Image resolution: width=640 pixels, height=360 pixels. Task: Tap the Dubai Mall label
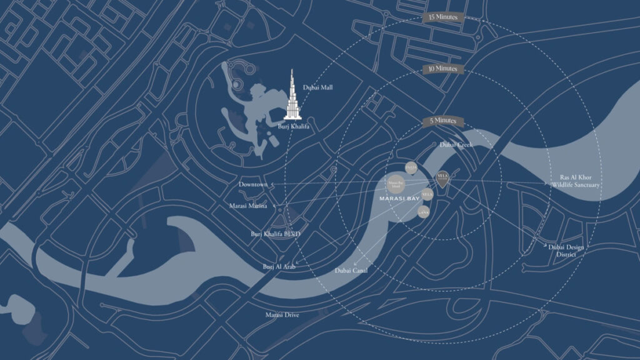click(x=317, y=87)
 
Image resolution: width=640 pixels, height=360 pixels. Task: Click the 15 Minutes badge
click(x=442, y=17)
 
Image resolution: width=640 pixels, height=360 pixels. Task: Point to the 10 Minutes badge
click(x=442, y=68)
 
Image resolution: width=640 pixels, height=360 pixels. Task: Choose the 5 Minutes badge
click(x=442, y=120)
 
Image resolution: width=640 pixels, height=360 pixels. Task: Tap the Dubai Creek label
click(x=456, y=144)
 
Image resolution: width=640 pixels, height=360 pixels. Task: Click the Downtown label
click(x=252, y=185)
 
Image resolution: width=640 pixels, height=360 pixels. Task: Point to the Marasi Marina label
click(x=248, y=206)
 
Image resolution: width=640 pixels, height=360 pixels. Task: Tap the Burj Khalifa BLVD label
click(x=276, y=234)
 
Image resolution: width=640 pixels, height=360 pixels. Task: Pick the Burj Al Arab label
click(x=279, y=266)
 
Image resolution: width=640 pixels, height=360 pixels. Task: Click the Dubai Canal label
click(x=351, y=270)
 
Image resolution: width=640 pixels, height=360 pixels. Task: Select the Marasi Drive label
click(x=282, y=314)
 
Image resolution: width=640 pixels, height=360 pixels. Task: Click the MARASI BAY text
click(x=399, y=199)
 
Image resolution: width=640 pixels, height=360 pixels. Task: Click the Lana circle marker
click(x=423, y=212)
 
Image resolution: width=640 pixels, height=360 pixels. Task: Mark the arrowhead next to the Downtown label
click(x=272, y=185)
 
